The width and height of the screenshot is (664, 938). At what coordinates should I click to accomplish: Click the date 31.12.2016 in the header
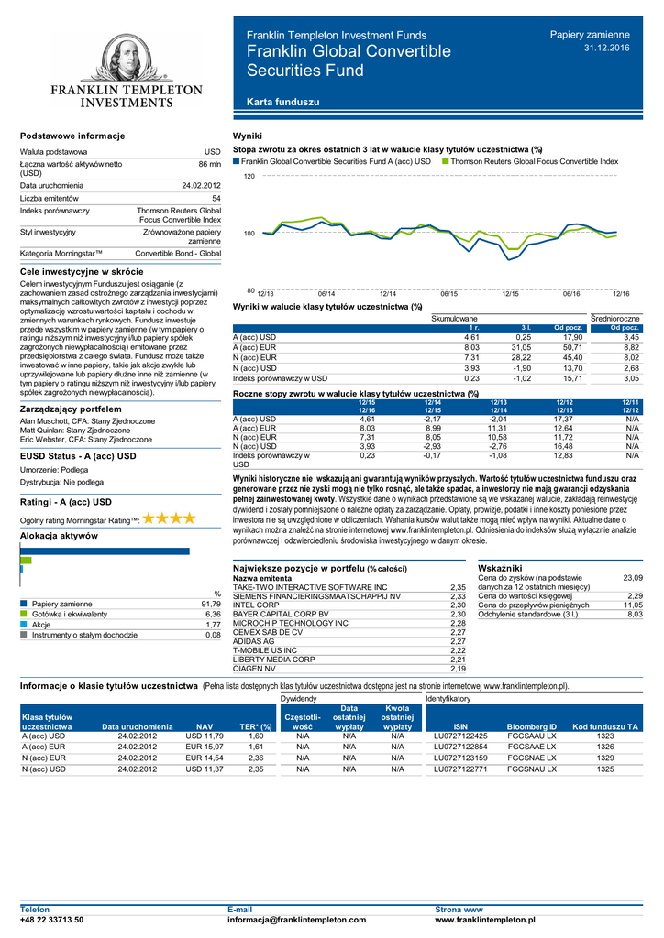607,47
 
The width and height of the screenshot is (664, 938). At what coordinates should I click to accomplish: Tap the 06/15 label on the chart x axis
448,293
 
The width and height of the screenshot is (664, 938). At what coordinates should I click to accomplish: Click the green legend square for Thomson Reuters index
446,160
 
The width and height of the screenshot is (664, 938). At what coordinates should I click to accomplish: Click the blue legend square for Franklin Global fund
237,160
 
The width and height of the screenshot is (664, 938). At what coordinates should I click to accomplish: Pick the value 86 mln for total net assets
210,164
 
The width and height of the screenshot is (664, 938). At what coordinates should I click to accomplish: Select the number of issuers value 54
216,198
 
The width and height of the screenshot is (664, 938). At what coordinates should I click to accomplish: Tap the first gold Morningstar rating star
150,518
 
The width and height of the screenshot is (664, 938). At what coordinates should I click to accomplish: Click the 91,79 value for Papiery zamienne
210,605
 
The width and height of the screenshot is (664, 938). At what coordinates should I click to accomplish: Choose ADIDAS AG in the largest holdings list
254,641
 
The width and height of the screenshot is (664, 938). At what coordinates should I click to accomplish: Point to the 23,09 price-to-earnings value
633,577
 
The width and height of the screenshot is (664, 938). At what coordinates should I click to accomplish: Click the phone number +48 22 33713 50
52,919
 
